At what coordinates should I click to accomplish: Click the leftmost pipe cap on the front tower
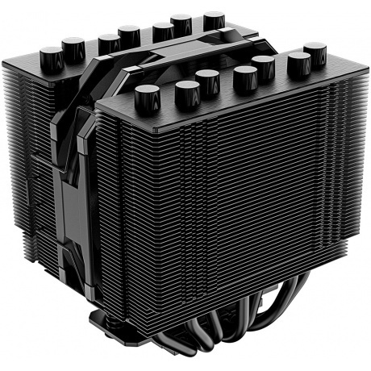point(147,97)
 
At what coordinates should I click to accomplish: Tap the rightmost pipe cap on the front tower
point(315,54)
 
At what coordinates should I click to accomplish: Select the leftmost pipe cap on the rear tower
point(51,56)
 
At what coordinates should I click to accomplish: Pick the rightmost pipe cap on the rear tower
point(214,19)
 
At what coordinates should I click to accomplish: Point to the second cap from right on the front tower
point(298,62)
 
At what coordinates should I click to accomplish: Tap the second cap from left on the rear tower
point(73,48)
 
